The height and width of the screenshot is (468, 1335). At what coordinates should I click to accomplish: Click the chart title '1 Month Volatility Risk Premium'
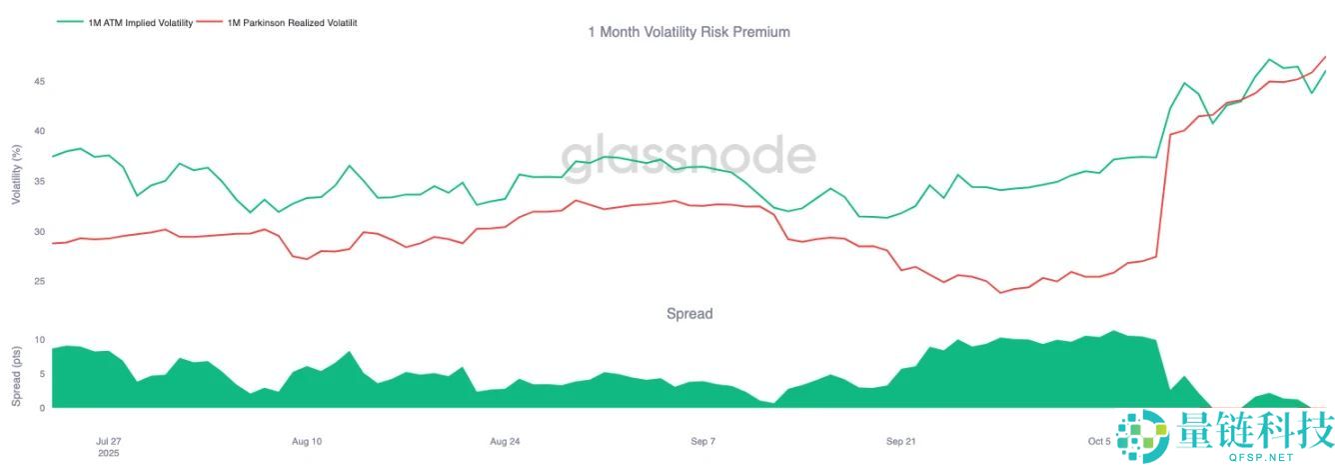pyautogui.click(x=688, y=32)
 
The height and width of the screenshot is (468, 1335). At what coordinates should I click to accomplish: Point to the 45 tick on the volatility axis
pyautogui.click(x=39, y=81)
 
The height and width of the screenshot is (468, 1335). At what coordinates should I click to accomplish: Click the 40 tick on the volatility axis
pyautogui.click(x=39, y=131)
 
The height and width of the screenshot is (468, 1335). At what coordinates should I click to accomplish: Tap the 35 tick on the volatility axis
pyautogui.click(x=39, y=181)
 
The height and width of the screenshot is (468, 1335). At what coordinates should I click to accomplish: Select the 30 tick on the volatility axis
pyautogui.click(x=39, y=231)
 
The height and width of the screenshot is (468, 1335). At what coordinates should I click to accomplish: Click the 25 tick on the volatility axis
pyautogui.click(x=39, y=281)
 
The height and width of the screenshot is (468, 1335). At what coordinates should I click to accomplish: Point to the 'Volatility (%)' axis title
pyautogui.click(x=15, y=174)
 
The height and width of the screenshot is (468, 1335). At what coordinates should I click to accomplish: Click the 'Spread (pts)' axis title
pyautogui.click(x=15, y=376)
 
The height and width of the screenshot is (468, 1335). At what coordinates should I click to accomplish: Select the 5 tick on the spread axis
pyautogui.click(x=41, y=374)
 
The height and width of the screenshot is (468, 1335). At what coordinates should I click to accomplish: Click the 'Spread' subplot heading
pyautogui.click(x=689, y=314)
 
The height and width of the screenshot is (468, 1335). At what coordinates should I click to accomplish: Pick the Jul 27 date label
pyautogui.click(x=108, y=441)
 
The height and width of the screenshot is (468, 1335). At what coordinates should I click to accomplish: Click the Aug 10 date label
pyautogui.click(x=307, y=441)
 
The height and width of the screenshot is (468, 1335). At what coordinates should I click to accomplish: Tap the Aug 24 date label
pyautogui.click(x=505, y=441)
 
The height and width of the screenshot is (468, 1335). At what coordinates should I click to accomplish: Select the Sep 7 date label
pyautogui.click(x=703, y=441)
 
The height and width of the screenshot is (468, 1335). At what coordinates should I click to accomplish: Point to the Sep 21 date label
pyautogui.click(x=901, y=441)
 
